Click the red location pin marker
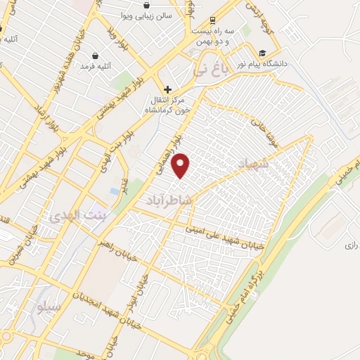(x=181, y=166)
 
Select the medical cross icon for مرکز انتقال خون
(x=167, y=89)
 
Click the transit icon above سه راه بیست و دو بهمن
(x=212, y=20)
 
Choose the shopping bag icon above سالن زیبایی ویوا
(x=146, y=6)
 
